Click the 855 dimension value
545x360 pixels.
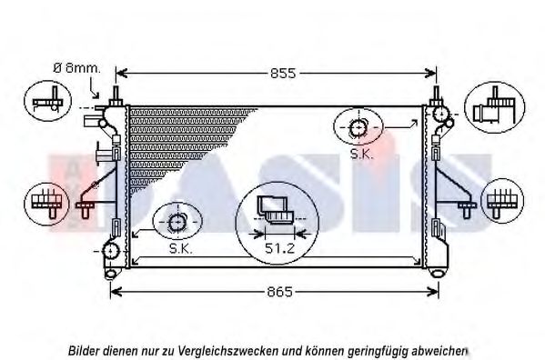pyautogui.click(x=283, y=74)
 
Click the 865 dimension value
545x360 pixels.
pyautogui.click(x=279, y=292)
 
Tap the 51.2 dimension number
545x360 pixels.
pyautogui.click(x=279, y=248)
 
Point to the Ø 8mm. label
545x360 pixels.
pyautogui.click(x=76, y=68)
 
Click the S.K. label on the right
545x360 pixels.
pyautogui.click(x=362, y=155)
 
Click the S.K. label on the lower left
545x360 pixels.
pyautogui.click(x=181, y=248)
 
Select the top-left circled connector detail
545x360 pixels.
pyautogui.click(x=47, y=101)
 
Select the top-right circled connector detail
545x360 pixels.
pyautogui.click(x=495, y=107)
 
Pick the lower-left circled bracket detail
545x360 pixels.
pyautogui.click(x=46, y=205)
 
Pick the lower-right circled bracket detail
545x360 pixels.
pyautogui.click(x=502, y=201)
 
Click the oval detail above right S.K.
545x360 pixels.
pyautogui.click(x=358, y=126)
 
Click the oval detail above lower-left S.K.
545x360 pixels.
pyautogui.click(x=177, y=221)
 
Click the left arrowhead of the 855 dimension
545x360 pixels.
pyautogui.click(x=121, y=74)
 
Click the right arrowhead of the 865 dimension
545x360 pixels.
pyautogui.click(x=433, y=292)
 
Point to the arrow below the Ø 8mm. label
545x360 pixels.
pyautogui.click(x=94, y=88)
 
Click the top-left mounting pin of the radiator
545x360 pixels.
pyautogui.click(x=116, y=94)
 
